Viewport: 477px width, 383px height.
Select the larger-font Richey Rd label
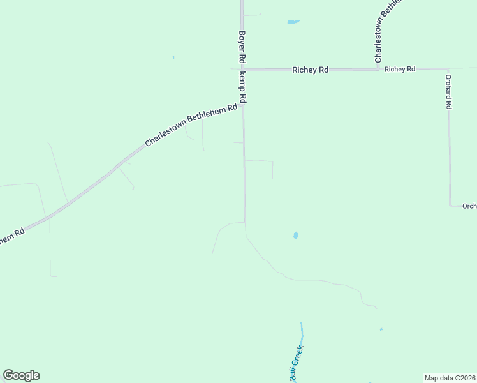310,70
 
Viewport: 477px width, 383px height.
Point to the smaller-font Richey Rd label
400,69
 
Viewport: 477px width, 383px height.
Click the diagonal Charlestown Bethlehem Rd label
191,125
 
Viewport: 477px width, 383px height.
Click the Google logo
21,375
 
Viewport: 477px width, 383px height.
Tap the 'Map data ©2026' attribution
450,377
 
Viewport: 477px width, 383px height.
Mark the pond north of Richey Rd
293,22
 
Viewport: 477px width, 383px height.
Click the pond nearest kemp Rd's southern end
295,235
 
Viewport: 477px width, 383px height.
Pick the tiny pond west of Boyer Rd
173,57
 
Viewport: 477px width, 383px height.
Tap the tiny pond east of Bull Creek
381,329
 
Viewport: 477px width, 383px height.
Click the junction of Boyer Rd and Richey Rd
242,70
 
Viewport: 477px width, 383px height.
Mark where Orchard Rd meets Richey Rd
448,68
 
